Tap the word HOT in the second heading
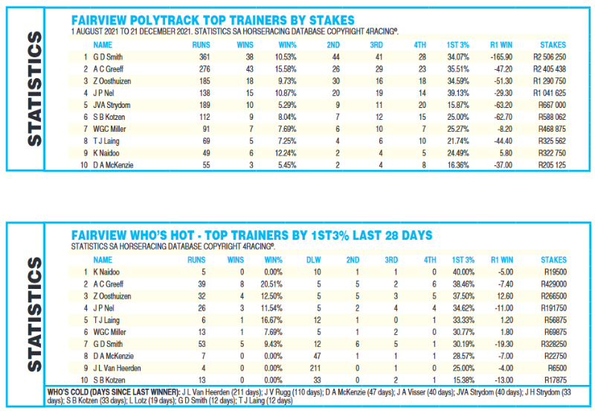pos(182,235)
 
